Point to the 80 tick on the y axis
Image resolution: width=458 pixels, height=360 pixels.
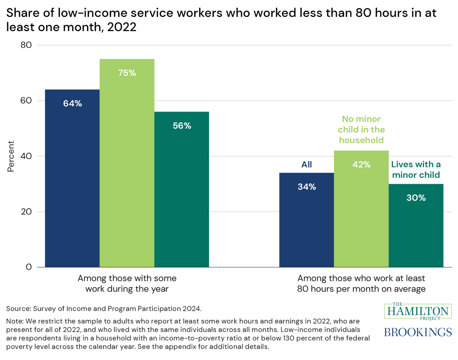(x=26, y=45)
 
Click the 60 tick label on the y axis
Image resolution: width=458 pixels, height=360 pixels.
(x=26, y=101)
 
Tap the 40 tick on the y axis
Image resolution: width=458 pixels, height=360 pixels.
(x=26, y=156)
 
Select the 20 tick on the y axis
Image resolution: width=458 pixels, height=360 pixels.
(x=26, y=212)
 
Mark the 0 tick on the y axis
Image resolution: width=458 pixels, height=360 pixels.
(x=29, y=267)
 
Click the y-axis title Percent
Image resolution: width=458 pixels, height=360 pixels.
(x=11, y=156)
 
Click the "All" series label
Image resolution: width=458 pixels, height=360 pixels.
(x=306, y=164)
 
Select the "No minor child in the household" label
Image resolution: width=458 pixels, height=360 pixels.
(x=361, y=129)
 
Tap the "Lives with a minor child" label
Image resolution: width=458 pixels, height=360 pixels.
(x=416, y=170)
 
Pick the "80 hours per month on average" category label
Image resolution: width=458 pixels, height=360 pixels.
(x=361, y=289)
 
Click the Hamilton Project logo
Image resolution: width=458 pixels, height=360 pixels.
(x=418, y=311)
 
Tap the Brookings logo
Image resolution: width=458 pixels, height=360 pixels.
(x=418, y=332)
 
